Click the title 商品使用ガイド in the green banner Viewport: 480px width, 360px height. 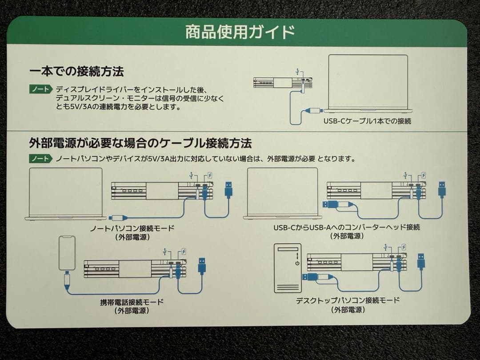240,32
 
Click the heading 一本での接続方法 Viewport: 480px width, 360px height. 76,71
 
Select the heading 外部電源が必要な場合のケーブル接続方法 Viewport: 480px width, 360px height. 140,143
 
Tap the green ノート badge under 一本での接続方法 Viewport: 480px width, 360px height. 40,89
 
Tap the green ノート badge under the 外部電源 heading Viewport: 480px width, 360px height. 40,159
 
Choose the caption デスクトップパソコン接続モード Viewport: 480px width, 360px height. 348,300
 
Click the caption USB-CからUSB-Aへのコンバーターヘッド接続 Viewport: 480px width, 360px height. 347,228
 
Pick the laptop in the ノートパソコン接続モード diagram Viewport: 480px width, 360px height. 66,194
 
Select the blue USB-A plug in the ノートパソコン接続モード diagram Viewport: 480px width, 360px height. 229,190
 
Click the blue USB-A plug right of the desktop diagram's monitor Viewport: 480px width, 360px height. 420,261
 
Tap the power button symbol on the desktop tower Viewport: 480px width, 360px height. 297,264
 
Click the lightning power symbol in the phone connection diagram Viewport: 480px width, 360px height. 184,252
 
